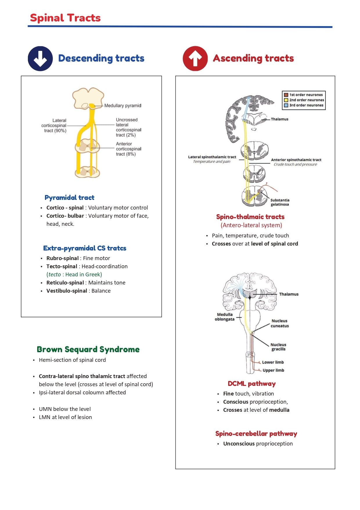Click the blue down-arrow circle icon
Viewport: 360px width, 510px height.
tap(40, 58)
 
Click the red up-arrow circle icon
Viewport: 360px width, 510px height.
tap(195, 58)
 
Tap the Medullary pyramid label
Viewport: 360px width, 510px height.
tap(123, 105)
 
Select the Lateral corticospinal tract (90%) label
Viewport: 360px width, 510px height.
tap(54, 126)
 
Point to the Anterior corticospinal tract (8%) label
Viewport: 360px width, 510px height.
tap(128, 149)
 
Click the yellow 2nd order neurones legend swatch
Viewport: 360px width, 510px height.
tap(286, 100)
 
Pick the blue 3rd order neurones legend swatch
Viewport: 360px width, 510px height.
tap(286, 105)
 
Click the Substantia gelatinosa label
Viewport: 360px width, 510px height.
tap(280, 202)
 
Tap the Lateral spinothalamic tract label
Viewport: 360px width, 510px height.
tap(212, 157)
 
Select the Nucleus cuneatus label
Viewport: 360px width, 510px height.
tap(280, 323)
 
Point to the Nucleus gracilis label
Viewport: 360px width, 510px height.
tap(278, 347)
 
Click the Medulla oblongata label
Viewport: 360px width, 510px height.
tap(224, 317)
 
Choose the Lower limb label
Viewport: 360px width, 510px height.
tap(273, 362)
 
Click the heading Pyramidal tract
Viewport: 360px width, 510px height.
tap(69, 198)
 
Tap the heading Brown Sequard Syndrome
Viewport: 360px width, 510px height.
tap(88, 349)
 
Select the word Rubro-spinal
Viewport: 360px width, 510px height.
tap(62, 258)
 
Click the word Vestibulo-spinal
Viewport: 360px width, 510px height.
tap(66, 291)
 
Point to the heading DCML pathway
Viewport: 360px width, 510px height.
tap(251, 384)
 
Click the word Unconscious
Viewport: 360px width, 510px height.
tap(239, 443)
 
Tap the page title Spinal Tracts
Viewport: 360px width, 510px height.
tap(65, 18)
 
